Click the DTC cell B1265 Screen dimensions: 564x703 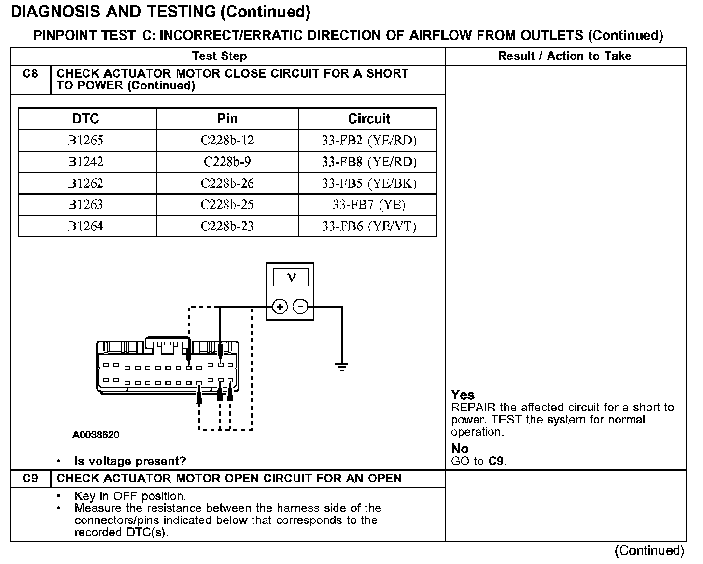click(x=85, y=141)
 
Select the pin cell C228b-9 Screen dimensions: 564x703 click(x=227, y=162)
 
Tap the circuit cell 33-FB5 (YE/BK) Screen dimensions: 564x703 click(x=369, y=183)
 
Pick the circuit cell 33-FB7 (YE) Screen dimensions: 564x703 click(x=369, y=205)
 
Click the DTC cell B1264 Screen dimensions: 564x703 click(x=85, y=226)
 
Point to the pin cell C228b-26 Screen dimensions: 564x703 click(x=227, y=183)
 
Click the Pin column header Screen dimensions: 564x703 click(x=227, y=119)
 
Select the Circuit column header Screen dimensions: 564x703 click(x=369, y=119)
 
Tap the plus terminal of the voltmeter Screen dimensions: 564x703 click(x=280, y=307)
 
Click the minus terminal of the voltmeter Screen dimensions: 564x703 click(x=300, y=307)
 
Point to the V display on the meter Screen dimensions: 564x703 click(x=290, y=277)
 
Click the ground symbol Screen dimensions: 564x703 click(x=342, y=367)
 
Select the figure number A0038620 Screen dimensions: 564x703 click(x=96, y=435)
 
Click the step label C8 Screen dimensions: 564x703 click(x=30, y=74)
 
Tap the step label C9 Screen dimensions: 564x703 click(x=30, y=479)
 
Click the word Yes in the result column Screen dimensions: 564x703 click(x=463, y=395)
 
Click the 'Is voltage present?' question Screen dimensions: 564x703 click(x=130, y=461)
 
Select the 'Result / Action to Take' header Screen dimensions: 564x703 click(x=564, y=56)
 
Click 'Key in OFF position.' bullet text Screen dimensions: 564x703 click(x=130, y=496)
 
